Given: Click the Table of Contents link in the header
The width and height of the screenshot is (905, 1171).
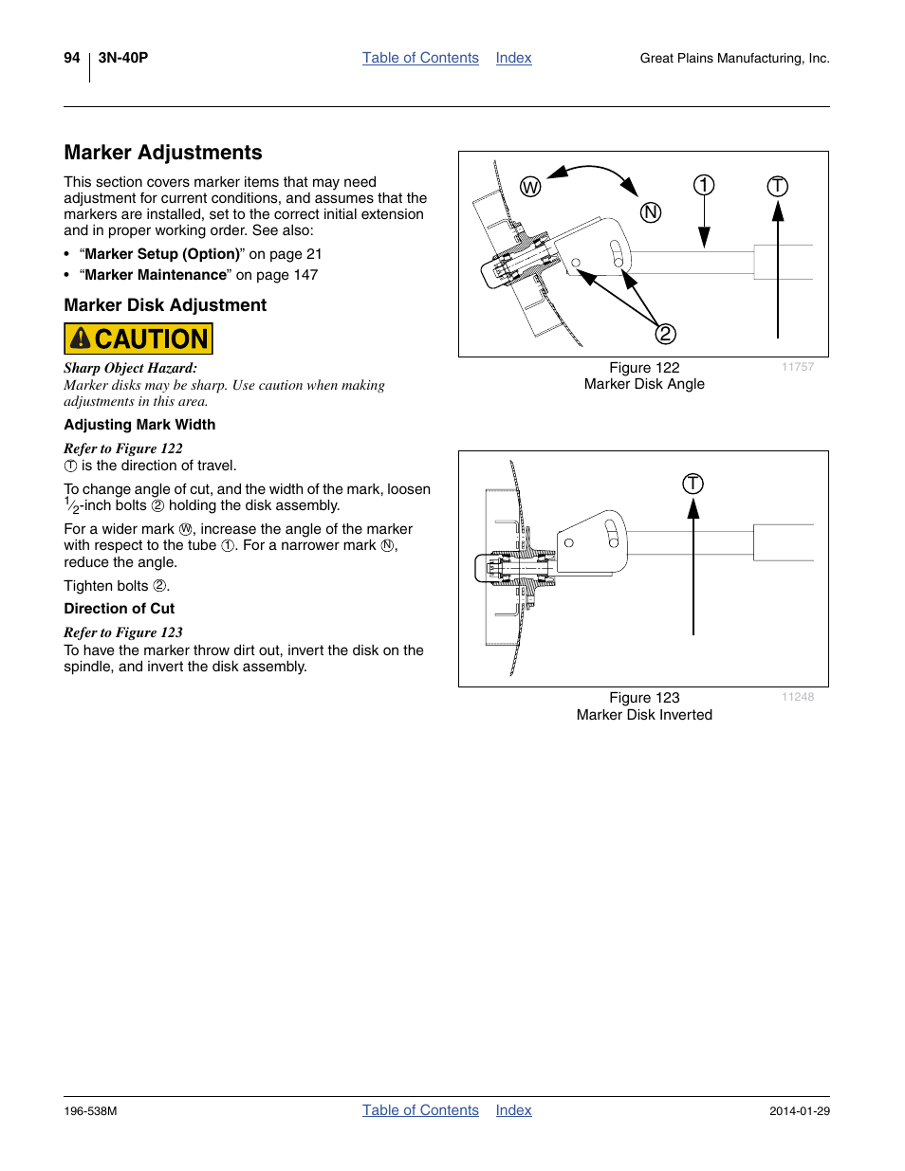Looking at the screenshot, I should tap(420, 58).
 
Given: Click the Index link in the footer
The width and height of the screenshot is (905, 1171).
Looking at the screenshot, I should tap(513, 1110).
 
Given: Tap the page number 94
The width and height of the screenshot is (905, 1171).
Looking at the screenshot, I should tap(72, 58).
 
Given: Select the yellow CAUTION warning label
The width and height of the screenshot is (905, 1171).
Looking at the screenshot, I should tap(139, 338).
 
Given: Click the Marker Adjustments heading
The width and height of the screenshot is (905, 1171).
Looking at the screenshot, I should tap(163, 153).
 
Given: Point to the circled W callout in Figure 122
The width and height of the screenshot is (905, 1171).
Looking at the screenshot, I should tap(530, 187).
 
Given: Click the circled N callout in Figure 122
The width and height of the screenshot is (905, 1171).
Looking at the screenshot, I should tap(651, 212).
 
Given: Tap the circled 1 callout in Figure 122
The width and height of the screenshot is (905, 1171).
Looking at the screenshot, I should tap(704, 185).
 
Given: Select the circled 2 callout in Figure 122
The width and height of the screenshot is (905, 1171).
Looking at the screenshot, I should tap(666, 334).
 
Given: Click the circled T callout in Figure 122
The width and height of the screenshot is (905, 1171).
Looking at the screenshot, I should tap(778, 186).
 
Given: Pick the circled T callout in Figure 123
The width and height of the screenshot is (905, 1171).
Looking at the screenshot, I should tap(693, 484).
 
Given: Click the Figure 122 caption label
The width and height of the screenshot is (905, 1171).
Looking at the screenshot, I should tap(644, 368).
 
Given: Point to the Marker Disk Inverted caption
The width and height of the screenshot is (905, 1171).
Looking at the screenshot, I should tap(644, 715).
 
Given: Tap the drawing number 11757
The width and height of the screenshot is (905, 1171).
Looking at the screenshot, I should tap(798, 367).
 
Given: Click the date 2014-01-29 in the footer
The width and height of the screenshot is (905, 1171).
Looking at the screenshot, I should tap(800, 1111).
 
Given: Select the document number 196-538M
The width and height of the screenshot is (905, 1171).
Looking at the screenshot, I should tap(91, 1111).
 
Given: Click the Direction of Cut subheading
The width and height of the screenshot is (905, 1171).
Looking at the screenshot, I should tap(120, 609).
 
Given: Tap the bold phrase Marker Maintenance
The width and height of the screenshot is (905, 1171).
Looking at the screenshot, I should tap(156, 275).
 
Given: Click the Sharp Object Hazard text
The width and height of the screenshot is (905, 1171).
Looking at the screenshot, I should tap(131, 368).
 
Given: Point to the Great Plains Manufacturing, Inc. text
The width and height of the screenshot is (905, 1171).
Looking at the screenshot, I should tap(734, 59).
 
